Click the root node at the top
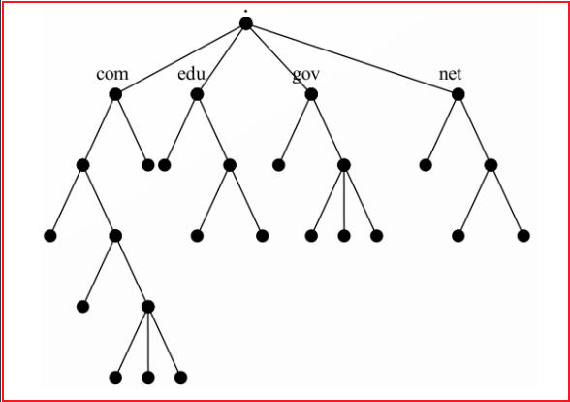tap(246, 23)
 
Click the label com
tap(112, 74)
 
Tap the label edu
tap(192, 74)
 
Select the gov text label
tap(306, 75)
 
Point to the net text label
tap(451, 74)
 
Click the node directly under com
tap(115, 94)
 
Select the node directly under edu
tap(197, 94)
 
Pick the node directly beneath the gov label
tap(311, 94)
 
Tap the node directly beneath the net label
tap(458, 94)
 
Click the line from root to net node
tap(352, 59)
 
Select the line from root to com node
tap(180, 59)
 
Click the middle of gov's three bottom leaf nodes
tap(344, 236)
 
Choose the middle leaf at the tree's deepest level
tap(148, 377)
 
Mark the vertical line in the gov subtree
tap(344, 201)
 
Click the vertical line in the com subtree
tap(148, 342)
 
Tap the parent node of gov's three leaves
tap(344, 165)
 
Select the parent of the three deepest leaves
tap(148, 307)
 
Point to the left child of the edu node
tap(165, 165)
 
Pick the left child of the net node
tap(426, 165)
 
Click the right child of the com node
tap(148, 165)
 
